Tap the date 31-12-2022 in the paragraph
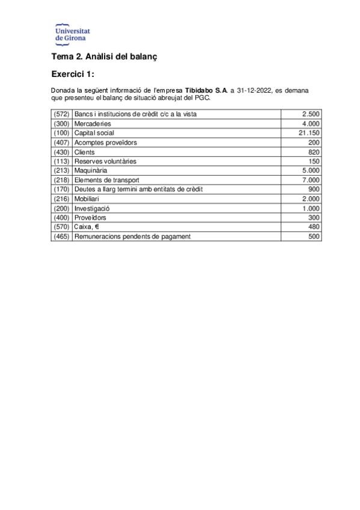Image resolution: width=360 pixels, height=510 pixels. click(x=254, y=90)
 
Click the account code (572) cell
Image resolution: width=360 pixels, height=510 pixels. click(x=62, y=114)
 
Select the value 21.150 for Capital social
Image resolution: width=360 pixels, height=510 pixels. click(x=309, y=133)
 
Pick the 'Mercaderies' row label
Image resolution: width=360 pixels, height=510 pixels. click(x=93, y=123)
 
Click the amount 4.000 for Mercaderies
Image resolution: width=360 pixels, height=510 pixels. click(x=311, y=123)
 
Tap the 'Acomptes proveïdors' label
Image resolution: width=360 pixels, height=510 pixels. click(x=105, y=143)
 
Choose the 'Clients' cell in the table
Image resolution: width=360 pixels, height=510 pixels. click(x=84, y=152)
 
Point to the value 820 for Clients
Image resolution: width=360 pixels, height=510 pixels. click(x=313, y=152)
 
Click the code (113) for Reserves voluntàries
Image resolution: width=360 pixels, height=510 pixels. click(x=62, y=161)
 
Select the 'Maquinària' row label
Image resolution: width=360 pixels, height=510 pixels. click(x=91, y=171)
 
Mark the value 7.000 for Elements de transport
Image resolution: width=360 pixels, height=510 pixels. click(x=311, y=180)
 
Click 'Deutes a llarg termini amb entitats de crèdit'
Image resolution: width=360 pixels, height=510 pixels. click(x=138, y=189)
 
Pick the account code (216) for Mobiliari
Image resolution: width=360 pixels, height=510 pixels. click(x=62, y=199)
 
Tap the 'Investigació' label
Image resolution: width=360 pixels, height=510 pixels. click(x=92, y=208)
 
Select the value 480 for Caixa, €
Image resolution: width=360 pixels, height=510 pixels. click(x=313, y=227)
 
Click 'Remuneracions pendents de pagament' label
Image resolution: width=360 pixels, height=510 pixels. click(x=132, y=236)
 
